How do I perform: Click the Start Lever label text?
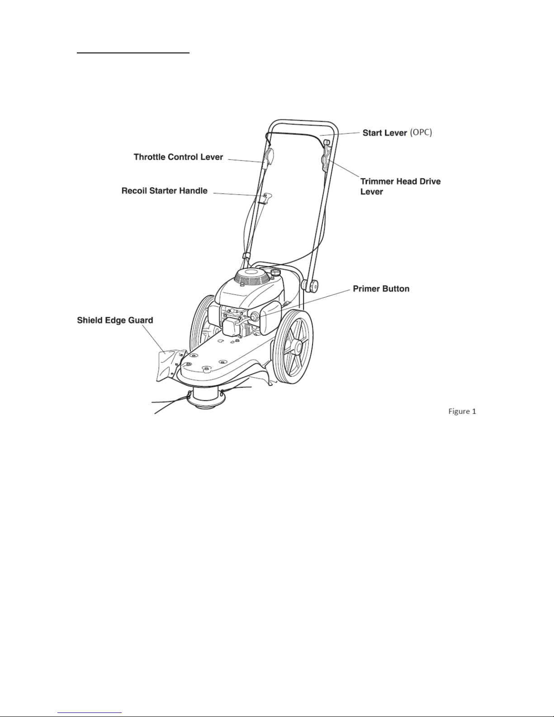384,133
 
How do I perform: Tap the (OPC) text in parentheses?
421,132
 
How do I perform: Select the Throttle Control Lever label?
178,157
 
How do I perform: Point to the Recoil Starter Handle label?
165,191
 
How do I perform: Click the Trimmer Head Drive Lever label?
400,186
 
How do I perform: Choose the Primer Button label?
381,289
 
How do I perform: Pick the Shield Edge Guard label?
115,320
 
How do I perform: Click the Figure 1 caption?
462,411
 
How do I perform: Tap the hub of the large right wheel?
298,347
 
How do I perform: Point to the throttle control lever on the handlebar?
269,158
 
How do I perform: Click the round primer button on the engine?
254,316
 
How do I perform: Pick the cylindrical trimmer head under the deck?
205,398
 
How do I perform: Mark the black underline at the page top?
133,52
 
